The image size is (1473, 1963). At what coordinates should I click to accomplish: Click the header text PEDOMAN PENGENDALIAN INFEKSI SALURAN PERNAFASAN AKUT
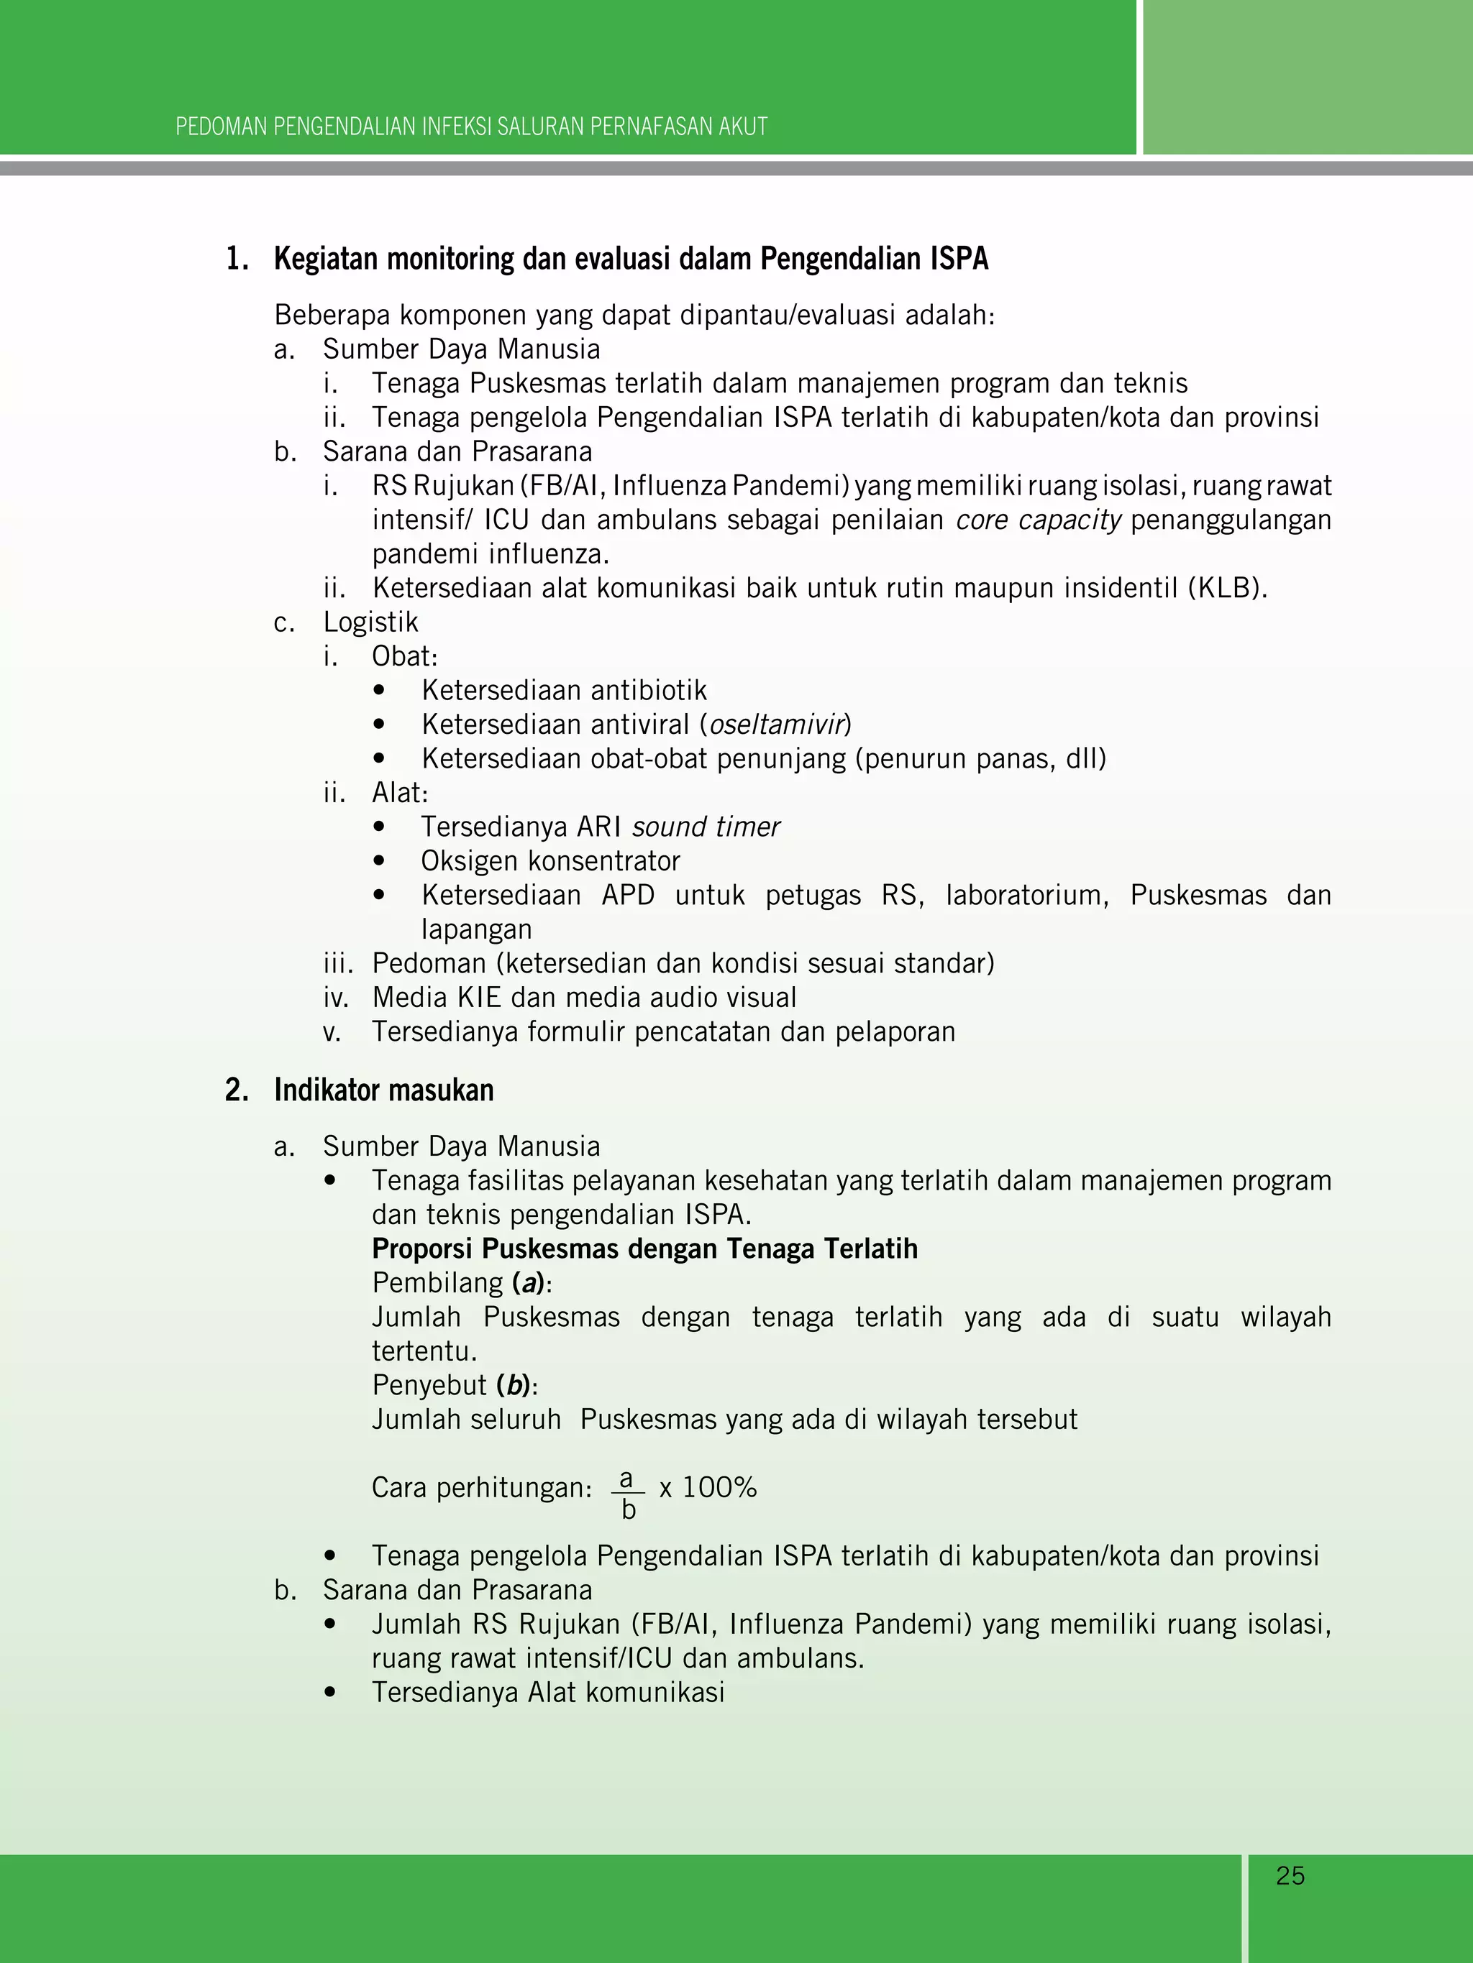472,127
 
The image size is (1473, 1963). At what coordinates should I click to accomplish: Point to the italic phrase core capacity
1038,520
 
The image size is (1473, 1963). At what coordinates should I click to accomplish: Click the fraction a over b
628,1494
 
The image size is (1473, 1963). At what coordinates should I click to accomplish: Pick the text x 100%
708,1487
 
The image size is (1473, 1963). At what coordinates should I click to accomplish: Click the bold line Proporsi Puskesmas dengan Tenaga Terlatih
644,1249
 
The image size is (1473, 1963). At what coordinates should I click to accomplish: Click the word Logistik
370,622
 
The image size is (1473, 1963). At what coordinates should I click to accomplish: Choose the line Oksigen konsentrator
550,861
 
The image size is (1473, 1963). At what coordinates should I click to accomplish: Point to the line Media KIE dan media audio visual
584,998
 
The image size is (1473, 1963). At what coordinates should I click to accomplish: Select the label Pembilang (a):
462,1283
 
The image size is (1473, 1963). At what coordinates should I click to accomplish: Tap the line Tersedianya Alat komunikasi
548,1692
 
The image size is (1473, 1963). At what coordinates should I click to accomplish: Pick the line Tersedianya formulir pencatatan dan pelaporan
663,1032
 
